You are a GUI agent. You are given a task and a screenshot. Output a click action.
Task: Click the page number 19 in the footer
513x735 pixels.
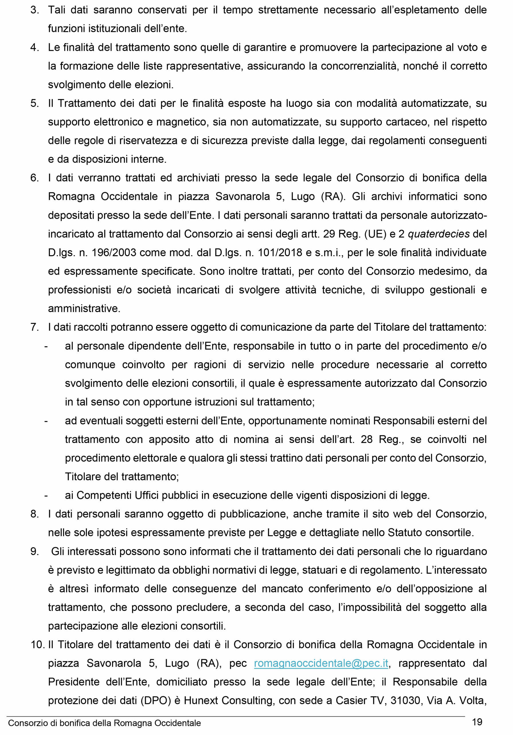tap(477, 722)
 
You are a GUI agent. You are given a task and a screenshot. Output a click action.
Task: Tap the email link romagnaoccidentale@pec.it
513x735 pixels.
tap(321, 663)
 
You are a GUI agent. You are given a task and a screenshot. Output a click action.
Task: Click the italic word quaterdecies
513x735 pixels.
tap(438, 234)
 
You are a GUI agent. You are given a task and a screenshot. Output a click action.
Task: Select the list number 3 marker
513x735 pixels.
tap(34, 10)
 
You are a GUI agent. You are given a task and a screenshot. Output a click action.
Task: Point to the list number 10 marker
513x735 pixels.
tap(38, 644)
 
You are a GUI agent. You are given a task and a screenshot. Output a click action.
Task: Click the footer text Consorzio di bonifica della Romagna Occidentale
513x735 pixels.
tap(105, 723)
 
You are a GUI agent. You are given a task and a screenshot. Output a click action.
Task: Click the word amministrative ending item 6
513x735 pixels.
tap(84, 309)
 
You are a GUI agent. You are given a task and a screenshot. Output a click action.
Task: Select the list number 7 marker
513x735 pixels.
tap(34, 327)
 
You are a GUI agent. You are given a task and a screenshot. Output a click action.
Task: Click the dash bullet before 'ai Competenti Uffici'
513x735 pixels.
tap(46, 495)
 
